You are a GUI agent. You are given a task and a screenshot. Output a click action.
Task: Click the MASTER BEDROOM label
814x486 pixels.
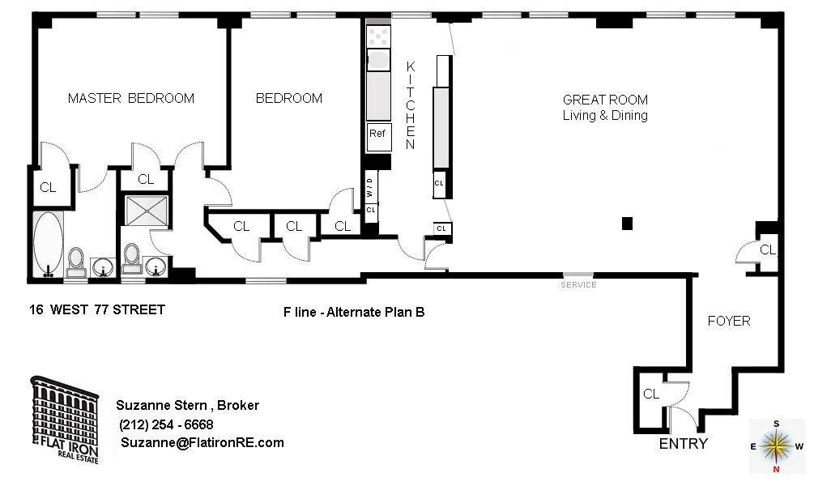130,99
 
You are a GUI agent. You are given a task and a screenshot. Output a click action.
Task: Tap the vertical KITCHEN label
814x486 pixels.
411,105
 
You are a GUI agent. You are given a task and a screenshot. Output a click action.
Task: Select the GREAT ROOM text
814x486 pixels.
605,100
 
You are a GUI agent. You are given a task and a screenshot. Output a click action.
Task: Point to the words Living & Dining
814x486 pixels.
605,116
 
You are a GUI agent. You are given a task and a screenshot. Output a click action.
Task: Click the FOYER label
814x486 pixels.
729,321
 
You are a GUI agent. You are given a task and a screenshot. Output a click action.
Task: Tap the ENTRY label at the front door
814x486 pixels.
683,444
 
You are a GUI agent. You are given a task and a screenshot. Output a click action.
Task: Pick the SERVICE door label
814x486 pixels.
578,285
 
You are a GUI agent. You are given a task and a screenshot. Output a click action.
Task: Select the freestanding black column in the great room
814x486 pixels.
626,223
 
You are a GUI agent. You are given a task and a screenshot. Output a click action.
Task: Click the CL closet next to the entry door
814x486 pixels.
651,394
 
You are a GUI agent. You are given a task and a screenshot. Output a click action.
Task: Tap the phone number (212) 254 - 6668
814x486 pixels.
166,424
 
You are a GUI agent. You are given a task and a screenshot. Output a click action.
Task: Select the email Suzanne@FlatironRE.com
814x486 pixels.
202,442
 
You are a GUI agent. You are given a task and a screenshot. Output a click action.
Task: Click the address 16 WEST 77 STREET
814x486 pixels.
97,309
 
